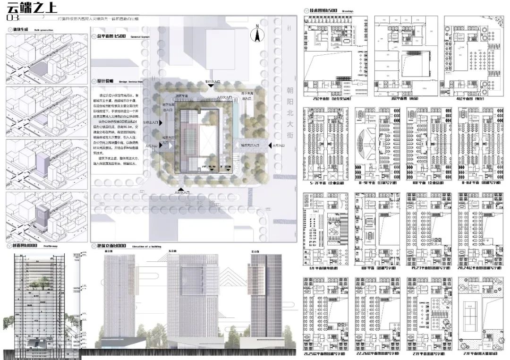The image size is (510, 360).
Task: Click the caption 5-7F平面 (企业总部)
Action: [x=324, y=181]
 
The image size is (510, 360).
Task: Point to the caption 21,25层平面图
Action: [x=323, y=352]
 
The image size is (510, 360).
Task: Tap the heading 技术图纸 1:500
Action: [x=323, y=10]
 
